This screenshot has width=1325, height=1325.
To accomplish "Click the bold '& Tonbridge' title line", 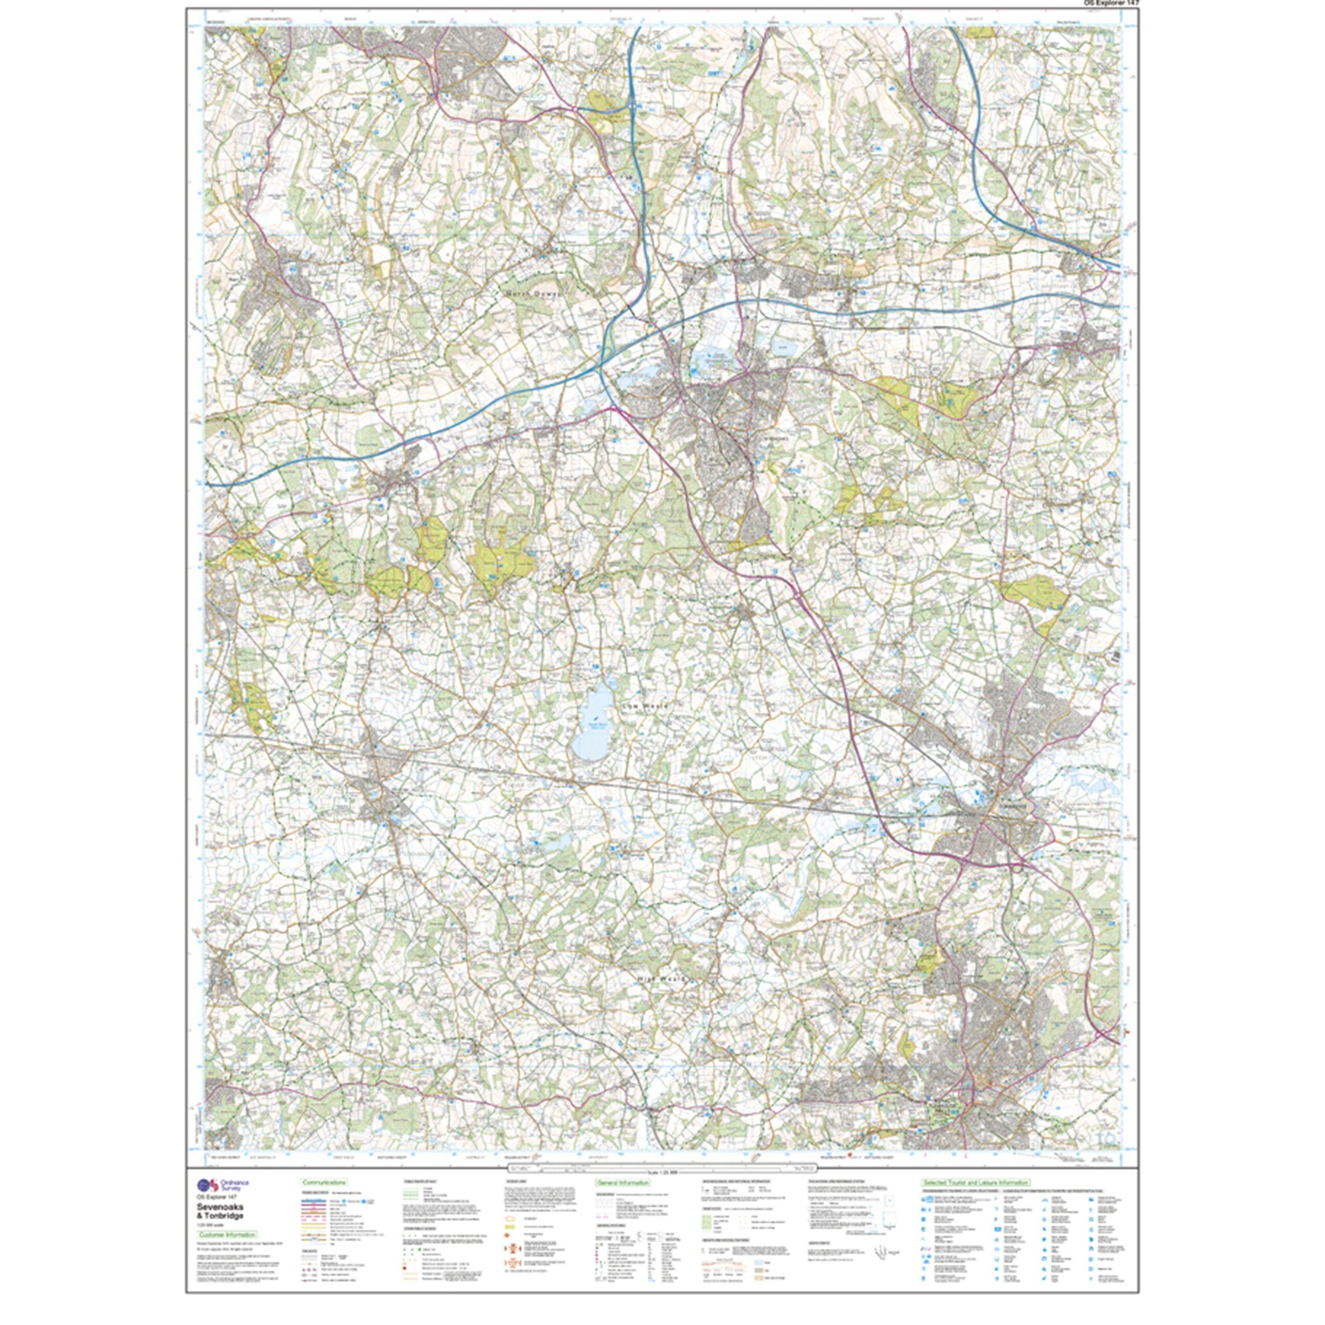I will pyautogui.click(x=220, y=1215).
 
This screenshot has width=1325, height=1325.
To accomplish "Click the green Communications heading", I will pyautogui.click(x=324, y=1182).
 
